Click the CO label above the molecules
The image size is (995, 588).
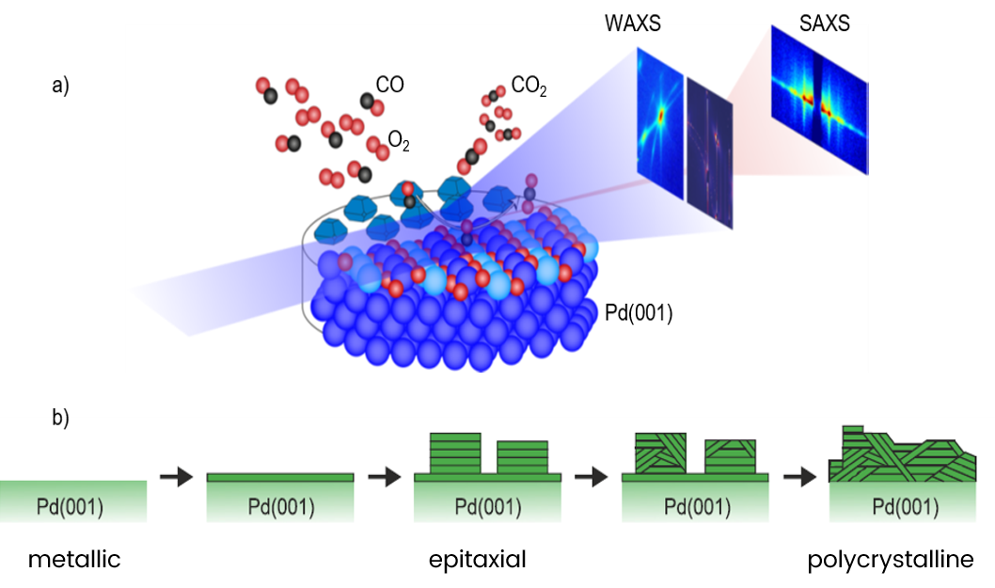click(x=389, y=85)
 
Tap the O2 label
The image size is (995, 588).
click(x=399, y=142)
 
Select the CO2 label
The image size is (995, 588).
click(x=529, y=87)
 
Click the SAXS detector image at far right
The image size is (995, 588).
click(x=818, y=100)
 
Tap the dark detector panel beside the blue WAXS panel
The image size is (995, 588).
click(x=709, y=153)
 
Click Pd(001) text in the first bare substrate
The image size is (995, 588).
click(x=70, y=508)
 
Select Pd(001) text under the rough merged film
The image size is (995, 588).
click(x=905, y=508)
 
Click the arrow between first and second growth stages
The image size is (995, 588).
click(x=176, y=478)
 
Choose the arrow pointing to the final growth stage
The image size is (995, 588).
click(x=799, y=478)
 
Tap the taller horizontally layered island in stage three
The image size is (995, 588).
click(x=455, y=453)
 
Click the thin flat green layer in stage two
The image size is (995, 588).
click(x=280, y=478)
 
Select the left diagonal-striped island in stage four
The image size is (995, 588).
click(x=661, y=453)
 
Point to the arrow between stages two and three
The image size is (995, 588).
click(x=384, y=478)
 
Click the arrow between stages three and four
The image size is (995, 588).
click(x=592, y=478)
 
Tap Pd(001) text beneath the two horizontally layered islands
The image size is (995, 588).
click(x=487, y=508)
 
